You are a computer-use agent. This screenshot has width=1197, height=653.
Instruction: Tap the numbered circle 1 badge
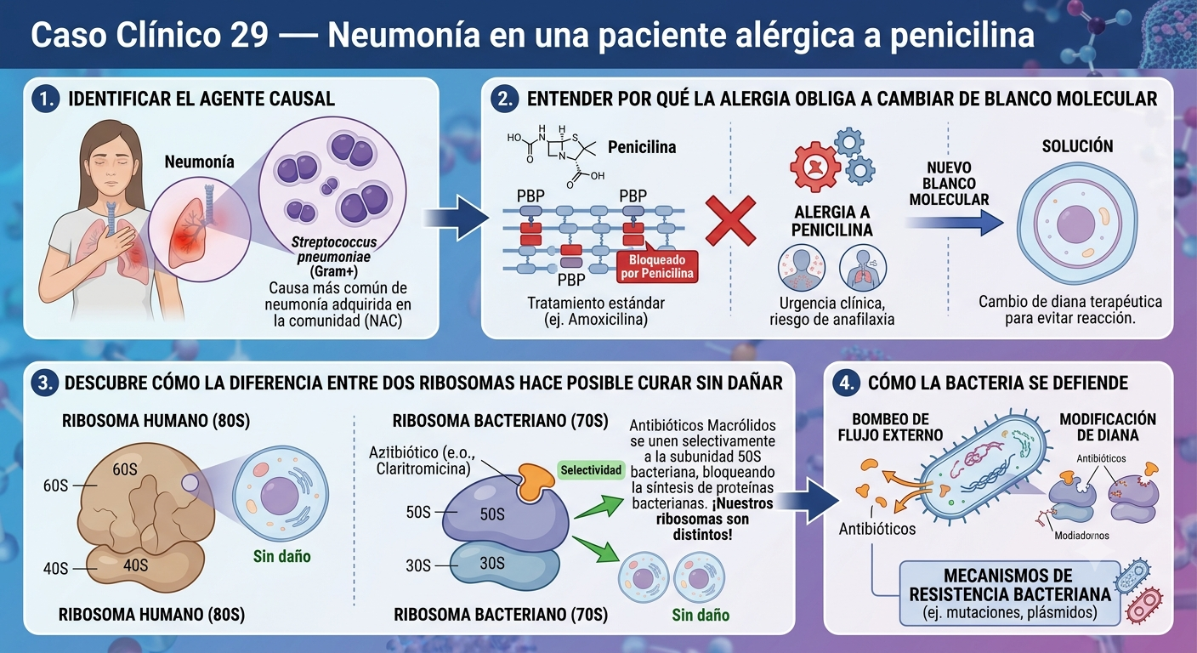pyautogui.click(x=46, y=99)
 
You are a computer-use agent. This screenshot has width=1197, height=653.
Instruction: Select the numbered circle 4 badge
pyautogui.click(x=847, y=383)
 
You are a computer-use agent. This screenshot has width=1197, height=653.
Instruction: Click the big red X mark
pyautogui.click(x=730, y=221)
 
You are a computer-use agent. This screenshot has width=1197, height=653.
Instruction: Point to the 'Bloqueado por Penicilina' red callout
pyautogui.click(x=657, y=266)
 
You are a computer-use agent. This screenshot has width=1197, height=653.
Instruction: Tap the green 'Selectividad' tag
pyautogui.click(x=591, y=470)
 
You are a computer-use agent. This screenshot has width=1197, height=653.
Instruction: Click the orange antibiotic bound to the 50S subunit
pyautogui.click(x=535, y=482)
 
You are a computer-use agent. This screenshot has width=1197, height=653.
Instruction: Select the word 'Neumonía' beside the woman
pyautogui.click(x=199, y=162)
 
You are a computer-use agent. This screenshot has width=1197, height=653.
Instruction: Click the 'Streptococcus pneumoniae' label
pyautogui.click(x=334, y=249)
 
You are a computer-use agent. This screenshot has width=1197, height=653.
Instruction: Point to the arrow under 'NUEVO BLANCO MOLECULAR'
pyautogui.click(x=954, y=223)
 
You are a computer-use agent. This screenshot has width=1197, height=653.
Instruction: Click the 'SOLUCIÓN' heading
pyautogui.click(x=1077, y=146)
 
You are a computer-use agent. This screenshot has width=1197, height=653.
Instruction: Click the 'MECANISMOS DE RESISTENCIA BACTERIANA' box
pyautogui.click(x=1009, y=593)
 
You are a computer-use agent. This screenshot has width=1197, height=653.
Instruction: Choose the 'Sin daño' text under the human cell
pyautogui.click(x=281, y=556)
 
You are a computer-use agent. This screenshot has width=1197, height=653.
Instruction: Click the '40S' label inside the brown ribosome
pyautogui.click(x=136, y=565)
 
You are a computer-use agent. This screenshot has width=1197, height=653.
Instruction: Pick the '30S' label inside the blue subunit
pyautogui.click(x=492, y=563)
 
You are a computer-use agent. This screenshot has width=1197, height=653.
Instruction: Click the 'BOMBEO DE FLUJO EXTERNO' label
pyautogui.click(x=890, y=427)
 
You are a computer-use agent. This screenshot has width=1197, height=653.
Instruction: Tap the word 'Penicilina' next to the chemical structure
pyautogui.click(x=642, y=147)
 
